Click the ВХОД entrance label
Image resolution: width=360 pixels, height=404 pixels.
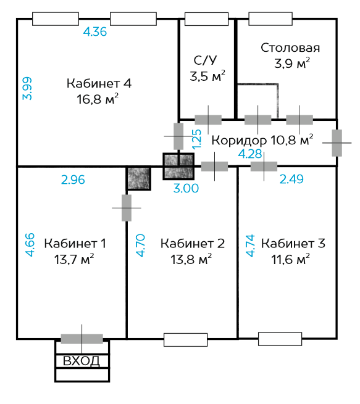click(82, 361)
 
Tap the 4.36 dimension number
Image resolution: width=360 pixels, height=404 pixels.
click(95, 32)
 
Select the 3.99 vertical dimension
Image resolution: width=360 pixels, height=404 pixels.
click(27, 88)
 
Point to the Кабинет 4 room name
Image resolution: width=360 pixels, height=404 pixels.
click(99, 83)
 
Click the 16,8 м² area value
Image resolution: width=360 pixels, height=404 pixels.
click(98, 99)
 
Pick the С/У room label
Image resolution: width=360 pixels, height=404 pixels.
click(205, 60)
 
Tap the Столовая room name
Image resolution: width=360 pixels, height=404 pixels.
click(290, 48)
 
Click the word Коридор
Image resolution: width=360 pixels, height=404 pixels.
click(239, 141)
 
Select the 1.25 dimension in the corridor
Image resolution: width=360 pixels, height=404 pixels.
click(196, 139)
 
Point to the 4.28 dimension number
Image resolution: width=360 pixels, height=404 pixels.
click(250, 154)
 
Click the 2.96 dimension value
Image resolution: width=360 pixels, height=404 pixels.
click(73, 180)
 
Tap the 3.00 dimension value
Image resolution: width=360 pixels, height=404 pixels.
click(186, 188)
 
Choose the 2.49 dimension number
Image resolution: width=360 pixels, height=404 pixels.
click(291, 179)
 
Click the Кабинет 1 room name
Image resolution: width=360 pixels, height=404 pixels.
click(75, 244)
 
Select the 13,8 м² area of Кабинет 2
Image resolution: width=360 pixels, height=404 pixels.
click(191, 260)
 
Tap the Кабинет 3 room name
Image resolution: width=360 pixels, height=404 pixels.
click(293, 244)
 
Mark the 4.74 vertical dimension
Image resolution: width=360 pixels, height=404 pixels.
click(251, 246)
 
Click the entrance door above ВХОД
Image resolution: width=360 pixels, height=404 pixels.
click(82, 339)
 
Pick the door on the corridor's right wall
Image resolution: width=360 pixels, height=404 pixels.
click(337, 142)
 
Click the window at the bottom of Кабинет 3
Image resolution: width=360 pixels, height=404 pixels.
click(280, 339)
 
